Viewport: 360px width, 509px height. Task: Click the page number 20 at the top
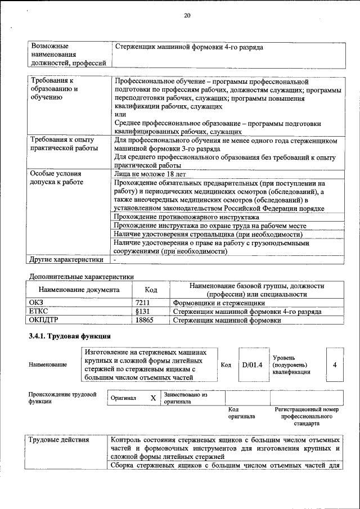tap(187, 16)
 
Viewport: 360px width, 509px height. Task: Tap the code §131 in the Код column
tap(143, 312)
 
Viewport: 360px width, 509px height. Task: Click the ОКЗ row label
tap(36, 303)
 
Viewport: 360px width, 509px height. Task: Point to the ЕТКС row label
tap(39, 312)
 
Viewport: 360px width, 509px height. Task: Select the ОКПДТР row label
tap(44, 320)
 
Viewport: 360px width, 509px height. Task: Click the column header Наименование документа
tap(79, 290)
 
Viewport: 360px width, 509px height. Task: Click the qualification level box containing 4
tap(335, 364)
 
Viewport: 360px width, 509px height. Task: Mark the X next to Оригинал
tap(153, 398)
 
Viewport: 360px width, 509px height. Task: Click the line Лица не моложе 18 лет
tap(150, 175)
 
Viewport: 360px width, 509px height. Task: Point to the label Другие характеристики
tap(66, 259)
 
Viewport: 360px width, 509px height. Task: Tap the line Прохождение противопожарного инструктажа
tap(186, 217)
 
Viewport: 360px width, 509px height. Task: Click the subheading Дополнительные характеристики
tap(81, 276)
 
